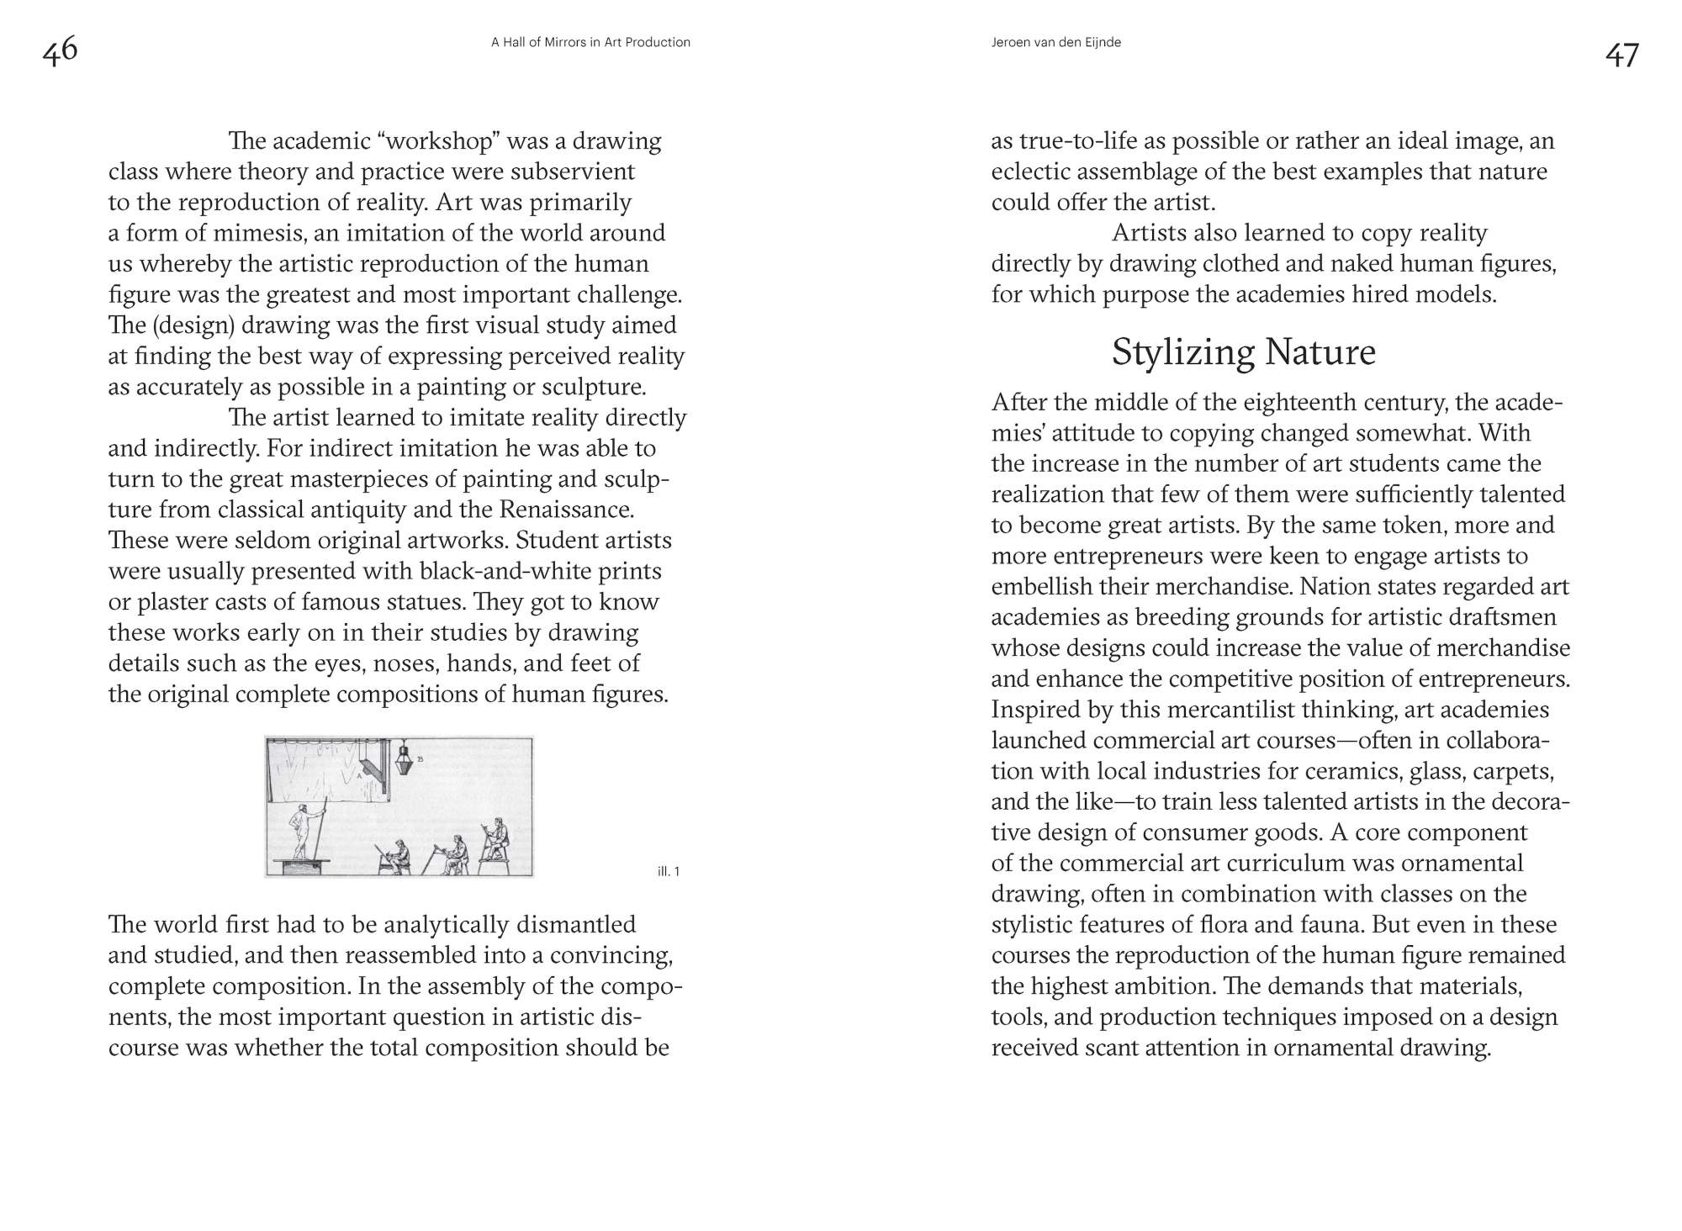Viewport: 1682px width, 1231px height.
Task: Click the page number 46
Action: point(60,50)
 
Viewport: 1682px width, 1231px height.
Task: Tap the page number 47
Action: point(1621,55)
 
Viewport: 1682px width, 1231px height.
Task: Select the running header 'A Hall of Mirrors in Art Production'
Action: point(590,42)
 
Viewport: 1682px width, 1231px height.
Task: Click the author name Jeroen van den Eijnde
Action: point(1055,42)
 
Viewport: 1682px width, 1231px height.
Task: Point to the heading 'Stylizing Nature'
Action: point(1243,351)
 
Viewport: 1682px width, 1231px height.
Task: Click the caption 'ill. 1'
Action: point(669,871)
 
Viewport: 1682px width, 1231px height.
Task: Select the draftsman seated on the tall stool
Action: point(496,837)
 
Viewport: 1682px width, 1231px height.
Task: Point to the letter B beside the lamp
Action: point(420,759)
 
